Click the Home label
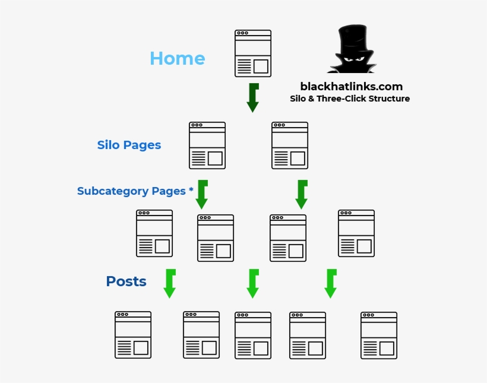[x=177, y=58]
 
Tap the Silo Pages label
[x=129, y=145]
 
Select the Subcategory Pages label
[x=135, y=191]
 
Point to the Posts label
[x=126, y=281]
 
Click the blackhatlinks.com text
[x=351, y=87]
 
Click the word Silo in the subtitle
[x=297, y=99]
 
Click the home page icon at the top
[x=253, y=53]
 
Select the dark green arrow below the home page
[x=253, y=98]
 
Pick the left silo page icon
[x=207, y=145]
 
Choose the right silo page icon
[x=290, y=145]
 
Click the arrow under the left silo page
[x=202, y=195]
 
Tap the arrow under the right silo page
[x=302, y=195]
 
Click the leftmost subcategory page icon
[x=154, y=233]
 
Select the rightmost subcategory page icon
[x=356, y=233]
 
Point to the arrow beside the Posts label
[x=170, y=284]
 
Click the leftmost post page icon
[x=133, y=335]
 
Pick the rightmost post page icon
[x=379, y=335]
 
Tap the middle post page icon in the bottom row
[x=253, y=335]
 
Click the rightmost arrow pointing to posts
[x=331, y=284]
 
